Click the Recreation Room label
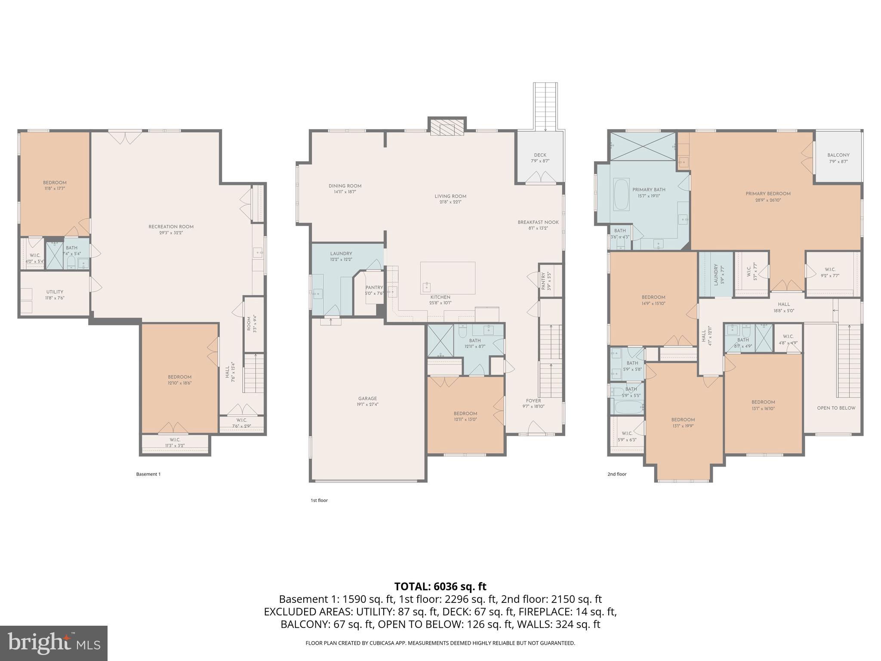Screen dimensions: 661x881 171,227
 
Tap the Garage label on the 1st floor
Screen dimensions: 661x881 367,398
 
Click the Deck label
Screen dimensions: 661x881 540,155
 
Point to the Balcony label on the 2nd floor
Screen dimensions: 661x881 838,155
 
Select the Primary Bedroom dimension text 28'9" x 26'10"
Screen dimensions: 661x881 768,200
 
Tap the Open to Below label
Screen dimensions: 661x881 836,408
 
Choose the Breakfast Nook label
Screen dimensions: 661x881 538,222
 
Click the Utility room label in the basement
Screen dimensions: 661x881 55,292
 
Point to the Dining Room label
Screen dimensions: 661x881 345,186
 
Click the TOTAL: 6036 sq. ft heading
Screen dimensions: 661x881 440,587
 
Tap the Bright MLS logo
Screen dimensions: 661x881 54,643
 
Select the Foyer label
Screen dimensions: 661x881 533,401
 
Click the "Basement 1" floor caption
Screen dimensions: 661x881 148,474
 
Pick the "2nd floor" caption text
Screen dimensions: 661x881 617,474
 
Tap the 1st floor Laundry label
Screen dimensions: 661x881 341,254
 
